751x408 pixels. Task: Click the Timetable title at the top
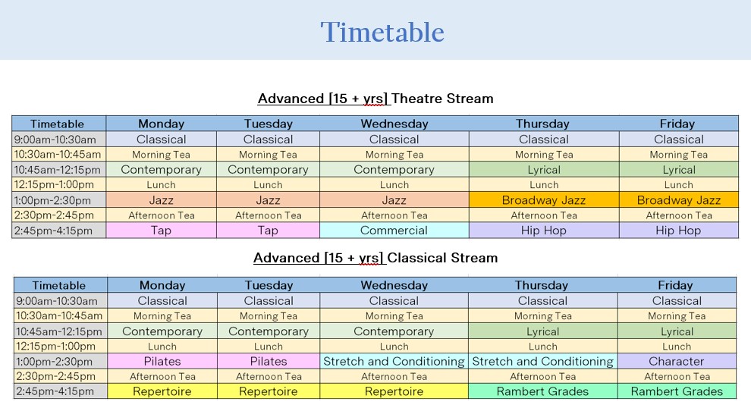click(x=382, y=32)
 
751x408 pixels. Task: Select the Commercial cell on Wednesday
click(x=394, y=231)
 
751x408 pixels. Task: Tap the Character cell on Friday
click(x=677, y=361)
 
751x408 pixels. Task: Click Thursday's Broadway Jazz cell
click(x=544, y=199)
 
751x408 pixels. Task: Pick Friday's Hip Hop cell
click(x=679, y=231)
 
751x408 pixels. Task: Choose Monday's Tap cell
click(x=161, y=231)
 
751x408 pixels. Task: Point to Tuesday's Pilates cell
click(x=269, y=361)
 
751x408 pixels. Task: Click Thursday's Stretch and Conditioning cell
click(x=542, y=361)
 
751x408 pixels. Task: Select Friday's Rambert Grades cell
click(x=677, y=391)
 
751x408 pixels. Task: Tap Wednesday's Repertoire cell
click(x=394, y=391)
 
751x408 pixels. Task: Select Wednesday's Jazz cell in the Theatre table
click(x=394, y=199)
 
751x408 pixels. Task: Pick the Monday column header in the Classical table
click(x=162, y=285)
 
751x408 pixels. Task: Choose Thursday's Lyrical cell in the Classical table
click(x=542, y=331)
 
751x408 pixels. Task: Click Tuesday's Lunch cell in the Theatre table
click(x=269, y=185)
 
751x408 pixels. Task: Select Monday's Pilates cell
click(x=162, y=361)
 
